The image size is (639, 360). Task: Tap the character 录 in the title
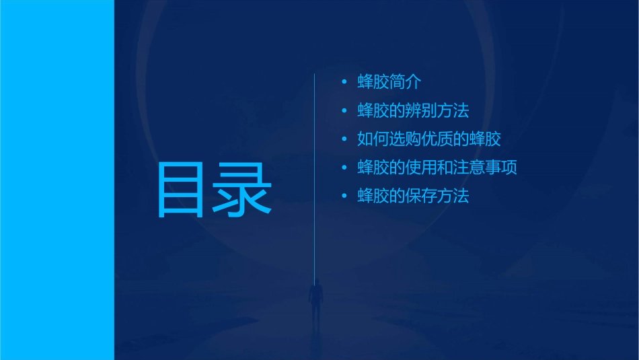[x=243, y=189]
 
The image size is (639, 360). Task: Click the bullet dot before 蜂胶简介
[x=344, y=82]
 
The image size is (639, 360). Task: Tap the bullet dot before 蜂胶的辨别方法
[x=344, y=110]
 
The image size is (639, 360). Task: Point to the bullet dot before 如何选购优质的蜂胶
[x=344, y=139]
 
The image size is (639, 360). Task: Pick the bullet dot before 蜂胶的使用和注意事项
[x=344, y=168]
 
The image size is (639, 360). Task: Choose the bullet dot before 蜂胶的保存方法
[x=344, y=196]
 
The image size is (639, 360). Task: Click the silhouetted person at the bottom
[x=315, y=301]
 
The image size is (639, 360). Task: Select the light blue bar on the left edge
[x=57, y=180]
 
